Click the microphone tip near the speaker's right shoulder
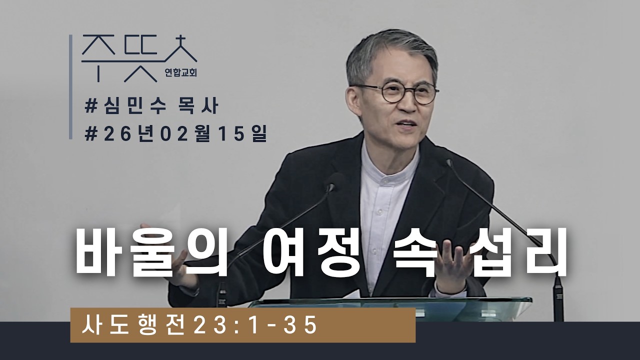click(x=448, y=162)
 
